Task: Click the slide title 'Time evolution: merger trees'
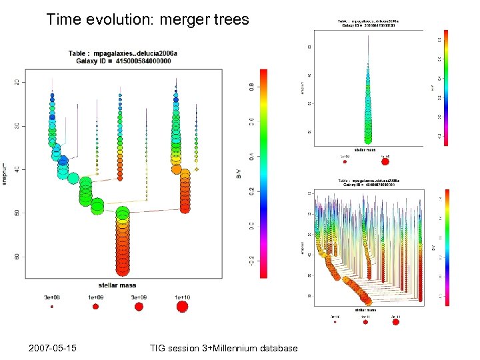click(147, 19)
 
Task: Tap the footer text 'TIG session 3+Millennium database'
click(224, 348)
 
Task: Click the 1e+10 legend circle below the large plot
click(182, 307)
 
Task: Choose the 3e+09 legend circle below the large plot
click(139, 307)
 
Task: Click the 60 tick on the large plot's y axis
click(17, 257)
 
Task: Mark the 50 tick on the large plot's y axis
click(17, 213)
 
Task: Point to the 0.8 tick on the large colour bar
click(251, 86)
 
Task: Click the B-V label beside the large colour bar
click(239, 175)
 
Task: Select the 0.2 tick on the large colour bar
click(251, 191)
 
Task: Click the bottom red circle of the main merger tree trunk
click(122, 269)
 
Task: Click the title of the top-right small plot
click(368, 23)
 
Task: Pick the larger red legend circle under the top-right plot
click(385, 161)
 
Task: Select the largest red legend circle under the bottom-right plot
click(396, 321)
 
